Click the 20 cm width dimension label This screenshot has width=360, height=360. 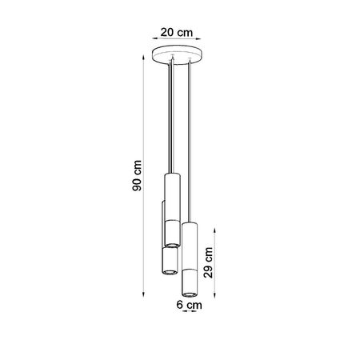pyautogui.click(x=176, y=33)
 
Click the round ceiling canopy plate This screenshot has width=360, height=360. pyautogui.click(x=178, y=58)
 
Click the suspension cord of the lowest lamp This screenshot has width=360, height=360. pyautogui.click(x=190, y=144)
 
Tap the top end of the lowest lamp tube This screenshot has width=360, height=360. pyautogui.click(x=190, y=225)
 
